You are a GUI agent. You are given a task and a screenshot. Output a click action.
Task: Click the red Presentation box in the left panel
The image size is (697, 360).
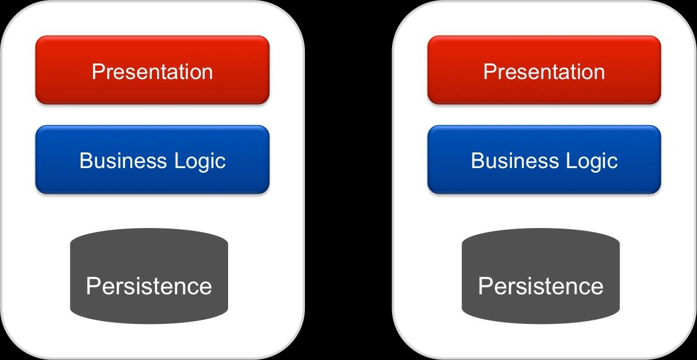coord(152,70)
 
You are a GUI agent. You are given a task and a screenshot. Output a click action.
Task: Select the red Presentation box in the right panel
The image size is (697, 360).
coord(544,70)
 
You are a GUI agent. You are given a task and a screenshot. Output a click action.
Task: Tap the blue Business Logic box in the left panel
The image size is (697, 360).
coord(152,159)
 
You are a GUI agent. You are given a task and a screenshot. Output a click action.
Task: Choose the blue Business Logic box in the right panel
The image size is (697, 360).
coord(544,159)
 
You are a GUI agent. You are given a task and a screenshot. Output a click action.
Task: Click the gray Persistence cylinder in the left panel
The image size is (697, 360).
coord(149,276)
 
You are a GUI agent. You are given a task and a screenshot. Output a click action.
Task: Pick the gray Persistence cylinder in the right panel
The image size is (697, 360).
coord(540,276)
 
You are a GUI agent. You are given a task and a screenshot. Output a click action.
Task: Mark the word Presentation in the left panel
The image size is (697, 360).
coord(152,72)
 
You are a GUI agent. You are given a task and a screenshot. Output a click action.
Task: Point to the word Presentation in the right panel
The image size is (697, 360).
coord(544,72)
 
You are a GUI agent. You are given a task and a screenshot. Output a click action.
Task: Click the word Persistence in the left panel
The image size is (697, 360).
coord(149,286)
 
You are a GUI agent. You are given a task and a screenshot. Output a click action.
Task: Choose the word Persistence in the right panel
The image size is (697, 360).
coord(540,286)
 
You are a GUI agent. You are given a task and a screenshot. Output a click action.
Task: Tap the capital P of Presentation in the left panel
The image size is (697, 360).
coord(98,72)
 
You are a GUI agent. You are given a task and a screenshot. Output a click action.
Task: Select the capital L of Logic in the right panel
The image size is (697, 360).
coord(571,161)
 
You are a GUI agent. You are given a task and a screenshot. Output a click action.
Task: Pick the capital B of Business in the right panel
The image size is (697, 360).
coord(478,161)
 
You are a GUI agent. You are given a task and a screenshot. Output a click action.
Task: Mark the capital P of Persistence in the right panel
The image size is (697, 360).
coord(485,286)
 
